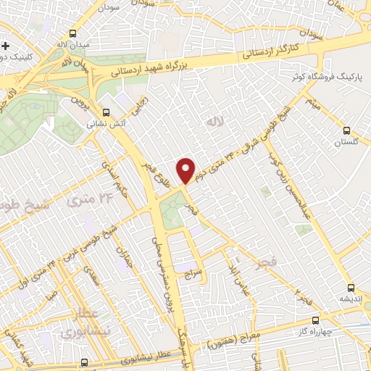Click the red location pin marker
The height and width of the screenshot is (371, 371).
[x=186, y=170]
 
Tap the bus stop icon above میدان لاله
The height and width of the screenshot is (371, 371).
[x=72, y=33]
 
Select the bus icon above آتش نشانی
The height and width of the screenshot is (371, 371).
[x=107, y=112]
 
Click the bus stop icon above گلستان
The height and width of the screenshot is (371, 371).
[x=346, y=131]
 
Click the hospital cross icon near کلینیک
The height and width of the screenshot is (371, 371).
[x=5, y=46]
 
